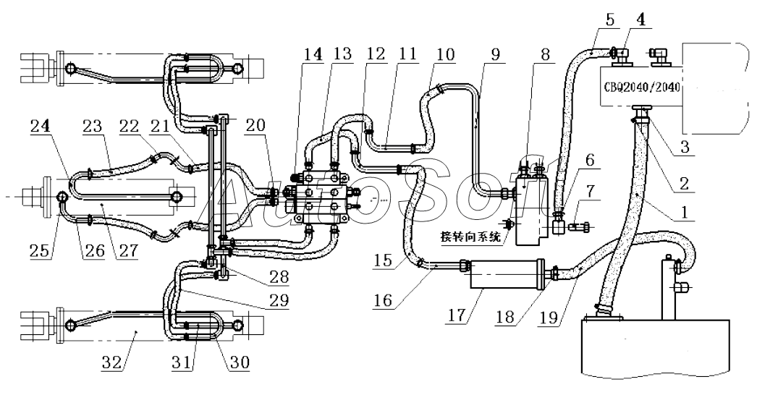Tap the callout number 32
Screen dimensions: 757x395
[x=111, y=362]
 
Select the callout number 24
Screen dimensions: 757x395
[x=41, y=127]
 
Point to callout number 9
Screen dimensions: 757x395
[x=496, y=54]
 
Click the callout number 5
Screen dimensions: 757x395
[x=610, y=20]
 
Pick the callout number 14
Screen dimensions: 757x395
[x=313, y=54]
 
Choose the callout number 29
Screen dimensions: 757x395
[x=280, y=300]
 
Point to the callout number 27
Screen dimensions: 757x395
[x=128, y=251]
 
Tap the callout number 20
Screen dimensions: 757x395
[x=256, y=126]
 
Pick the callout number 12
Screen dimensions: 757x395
[x=375, y=54]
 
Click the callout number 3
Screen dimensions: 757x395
[x=685, y=147]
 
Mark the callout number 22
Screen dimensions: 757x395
[x=129, y=127]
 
